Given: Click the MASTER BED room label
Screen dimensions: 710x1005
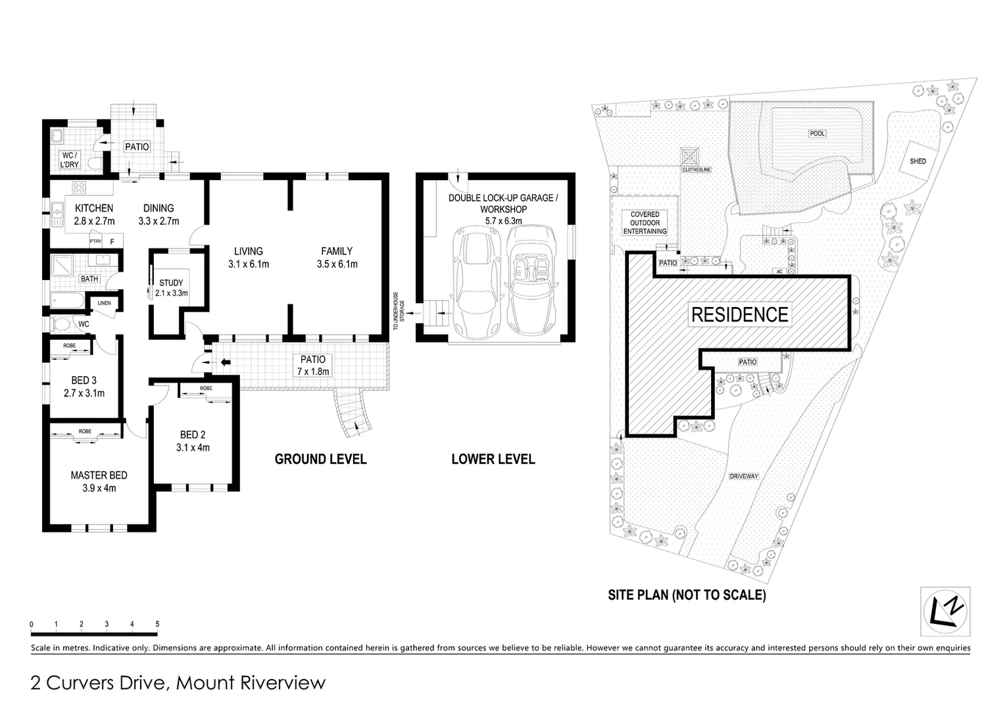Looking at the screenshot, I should pos(99,475).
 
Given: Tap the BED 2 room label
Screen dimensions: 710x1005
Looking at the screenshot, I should pos(193,435).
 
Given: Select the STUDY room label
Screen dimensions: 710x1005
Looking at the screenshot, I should pos(171,283).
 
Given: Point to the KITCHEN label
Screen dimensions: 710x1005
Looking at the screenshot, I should pos(93,208).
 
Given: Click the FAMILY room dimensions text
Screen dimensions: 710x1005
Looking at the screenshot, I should pos(337,264).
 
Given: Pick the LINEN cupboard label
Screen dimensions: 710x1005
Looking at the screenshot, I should pos(104,303).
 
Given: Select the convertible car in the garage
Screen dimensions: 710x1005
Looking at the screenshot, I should pos(532,279).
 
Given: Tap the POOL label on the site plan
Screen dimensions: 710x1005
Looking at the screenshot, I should pos(817,133).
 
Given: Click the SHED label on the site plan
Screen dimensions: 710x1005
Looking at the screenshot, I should pos(918,161).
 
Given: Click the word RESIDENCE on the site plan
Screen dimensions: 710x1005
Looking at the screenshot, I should pos(739,315).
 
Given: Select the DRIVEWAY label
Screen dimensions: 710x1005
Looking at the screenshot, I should pos(744,476).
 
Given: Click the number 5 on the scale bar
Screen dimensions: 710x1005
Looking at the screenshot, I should pos(157,624).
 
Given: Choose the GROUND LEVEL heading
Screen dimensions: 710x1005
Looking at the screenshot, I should pos(320,459).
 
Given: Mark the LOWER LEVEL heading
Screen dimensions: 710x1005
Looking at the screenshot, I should pos(493,459).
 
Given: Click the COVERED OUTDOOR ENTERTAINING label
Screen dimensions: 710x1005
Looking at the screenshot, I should pos(645,223).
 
